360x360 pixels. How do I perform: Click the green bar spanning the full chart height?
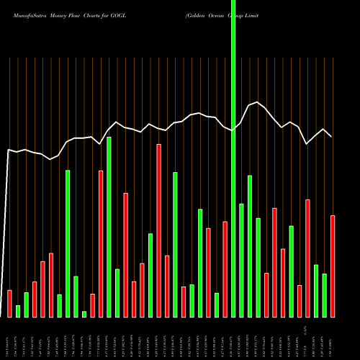coord(233,158)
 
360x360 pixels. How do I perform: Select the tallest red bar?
coord(158,230)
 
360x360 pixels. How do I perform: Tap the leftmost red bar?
coord(9,303)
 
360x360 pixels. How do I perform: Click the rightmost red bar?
coord(333,266)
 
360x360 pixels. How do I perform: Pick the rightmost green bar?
coord(325,295)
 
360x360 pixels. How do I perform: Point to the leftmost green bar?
coord(18,311)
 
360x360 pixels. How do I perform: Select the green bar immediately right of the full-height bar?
coord(241,260)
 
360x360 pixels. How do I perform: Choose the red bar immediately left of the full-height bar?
coord(225,269)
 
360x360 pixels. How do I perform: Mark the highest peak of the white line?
coord(258,102)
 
